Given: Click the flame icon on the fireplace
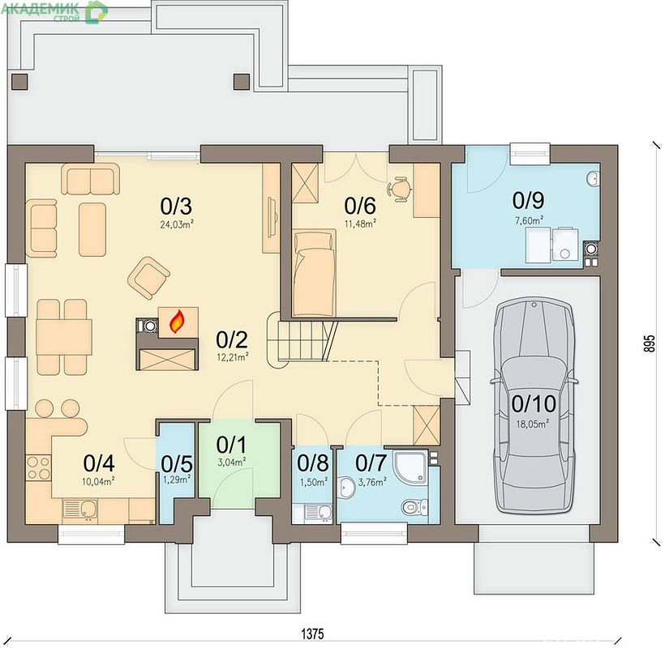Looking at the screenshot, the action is (x=178, y=321).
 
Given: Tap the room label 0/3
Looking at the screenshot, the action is (x=176, y=207).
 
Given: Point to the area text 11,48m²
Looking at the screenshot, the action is (x=360, y=224).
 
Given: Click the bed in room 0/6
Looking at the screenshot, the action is (x=315, y=273).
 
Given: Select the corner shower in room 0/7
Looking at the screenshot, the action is (x=410, y=467).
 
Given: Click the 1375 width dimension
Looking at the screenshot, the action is (x=312, y=633).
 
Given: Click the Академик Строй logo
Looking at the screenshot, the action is (x=54, y=11).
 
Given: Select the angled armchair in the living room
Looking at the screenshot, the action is (x=149, y=278).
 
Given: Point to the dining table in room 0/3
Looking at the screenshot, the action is (x=64, y=337).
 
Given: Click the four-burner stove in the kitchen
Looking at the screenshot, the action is (x=39, y=468).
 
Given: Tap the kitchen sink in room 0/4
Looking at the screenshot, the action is (x=80, y=509).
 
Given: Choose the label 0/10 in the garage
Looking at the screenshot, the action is (x=534, y=404).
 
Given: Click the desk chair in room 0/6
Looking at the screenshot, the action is (x=400, y=189).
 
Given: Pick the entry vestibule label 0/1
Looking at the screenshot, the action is (x=231, y=445).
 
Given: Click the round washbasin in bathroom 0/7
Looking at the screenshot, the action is (x=347, y=488).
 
